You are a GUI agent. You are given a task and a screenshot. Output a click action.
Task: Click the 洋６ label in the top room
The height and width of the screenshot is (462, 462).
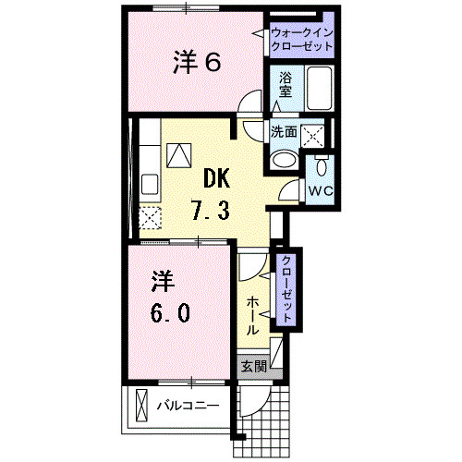(197, 63)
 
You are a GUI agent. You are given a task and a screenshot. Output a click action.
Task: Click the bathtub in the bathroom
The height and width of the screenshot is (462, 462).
(320, 90)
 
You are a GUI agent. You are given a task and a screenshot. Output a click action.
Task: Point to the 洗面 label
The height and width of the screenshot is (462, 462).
(284, 133)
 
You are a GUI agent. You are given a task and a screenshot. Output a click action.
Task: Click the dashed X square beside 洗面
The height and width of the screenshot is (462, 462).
(315, 135)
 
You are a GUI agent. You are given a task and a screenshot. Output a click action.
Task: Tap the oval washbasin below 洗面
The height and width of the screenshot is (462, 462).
(283, 159)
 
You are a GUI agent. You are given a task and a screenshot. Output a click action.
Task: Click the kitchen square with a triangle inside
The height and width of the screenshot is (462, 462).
(179, 153)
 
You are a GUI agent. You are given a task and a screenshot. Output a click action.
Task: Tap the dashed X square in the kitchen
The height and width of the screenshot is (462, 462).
(151, 218)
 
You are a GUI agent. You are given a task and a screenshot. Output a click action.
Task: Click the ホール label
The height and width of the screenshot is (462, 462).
(253, 316)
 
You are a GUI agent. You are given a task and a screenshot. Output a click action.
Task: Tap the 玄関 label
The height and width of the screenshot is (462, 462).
(253, 366)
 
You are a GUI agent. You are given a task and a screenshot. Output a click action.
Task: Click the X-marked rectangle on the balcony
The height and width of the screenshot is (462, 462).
(141, 405)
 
